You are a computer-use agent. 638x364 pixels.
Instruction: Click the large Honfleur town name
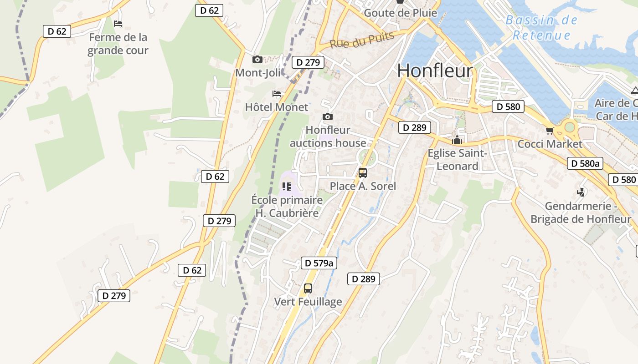(435, 71)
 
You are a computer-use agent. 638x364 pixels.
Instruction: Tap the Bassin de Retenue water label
(541, 28)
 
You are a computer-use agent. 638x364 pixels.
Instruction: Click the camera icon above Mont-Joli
(257, 59)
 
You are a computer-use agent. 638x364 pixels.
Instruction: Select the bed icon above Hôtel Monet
(277, 94)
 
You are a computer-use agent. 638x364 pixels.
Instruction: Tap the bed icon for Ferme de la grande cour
(118, 24)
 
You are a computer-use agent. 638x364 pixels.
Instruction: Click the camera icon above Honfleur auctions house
(327, 117)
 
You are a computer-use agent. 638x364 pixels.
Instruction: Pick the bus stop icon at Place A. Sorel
(363, 173)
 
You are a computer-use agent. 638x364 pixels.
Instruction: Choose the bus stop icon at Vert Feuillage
(308, 288)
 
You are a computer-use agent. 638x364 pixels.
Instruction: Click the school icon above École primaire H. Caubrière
(287, 186)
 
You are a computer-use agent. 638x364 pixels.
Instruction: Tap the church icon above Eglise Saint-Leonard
(457, 140)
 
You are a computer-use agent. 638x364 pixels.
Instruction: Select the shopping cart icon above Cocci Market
(550, 131)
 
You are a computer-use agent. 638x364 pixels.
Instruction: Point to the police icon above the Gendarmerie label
(581, 192)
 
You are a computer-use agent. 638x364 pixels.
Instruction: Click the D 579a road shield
(319, 263)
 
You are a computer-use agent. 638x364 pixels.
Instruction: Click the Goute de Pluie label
(400, 13)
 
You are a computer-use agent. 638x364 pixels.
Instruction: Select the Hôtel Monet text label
(277, 107)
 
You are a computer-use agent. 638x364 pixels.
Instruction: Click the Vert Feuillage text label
(308, 302)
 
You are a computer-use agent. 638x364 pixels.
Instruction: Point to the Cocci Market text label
(550, 144)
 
